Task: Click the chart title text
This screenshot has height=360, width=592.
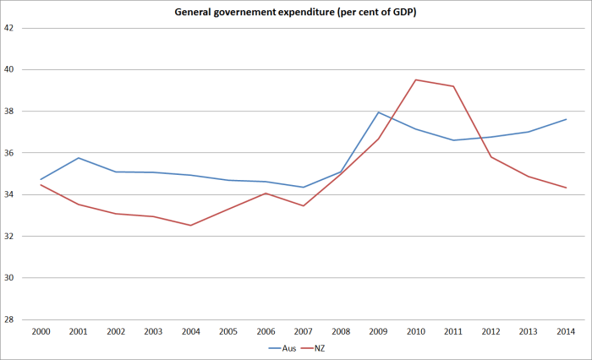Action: coord(296,12)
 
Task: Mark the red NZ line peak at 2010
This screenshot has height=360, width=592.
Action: coord(415,79)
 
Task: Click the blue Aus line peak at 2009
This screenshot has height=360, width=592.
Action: coord(378,112)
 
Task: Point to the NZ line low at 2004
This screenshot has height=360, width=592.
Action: coord(190,225)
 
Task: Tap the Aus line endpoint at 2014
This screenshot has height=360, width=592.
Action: coord(565,119)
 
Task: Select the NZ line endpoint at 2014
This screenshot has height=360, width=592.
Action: coord(565,188)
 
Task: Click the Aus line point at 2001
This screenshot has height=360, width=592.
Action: coord(78,158)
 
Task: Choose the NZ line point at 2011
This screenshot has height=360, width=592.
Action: coord(452,86)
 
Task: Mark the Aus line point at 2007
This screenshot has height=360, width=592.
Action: coord(303,188)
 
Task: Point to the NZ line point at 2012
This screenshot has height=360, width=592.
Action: coord(491,156)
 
